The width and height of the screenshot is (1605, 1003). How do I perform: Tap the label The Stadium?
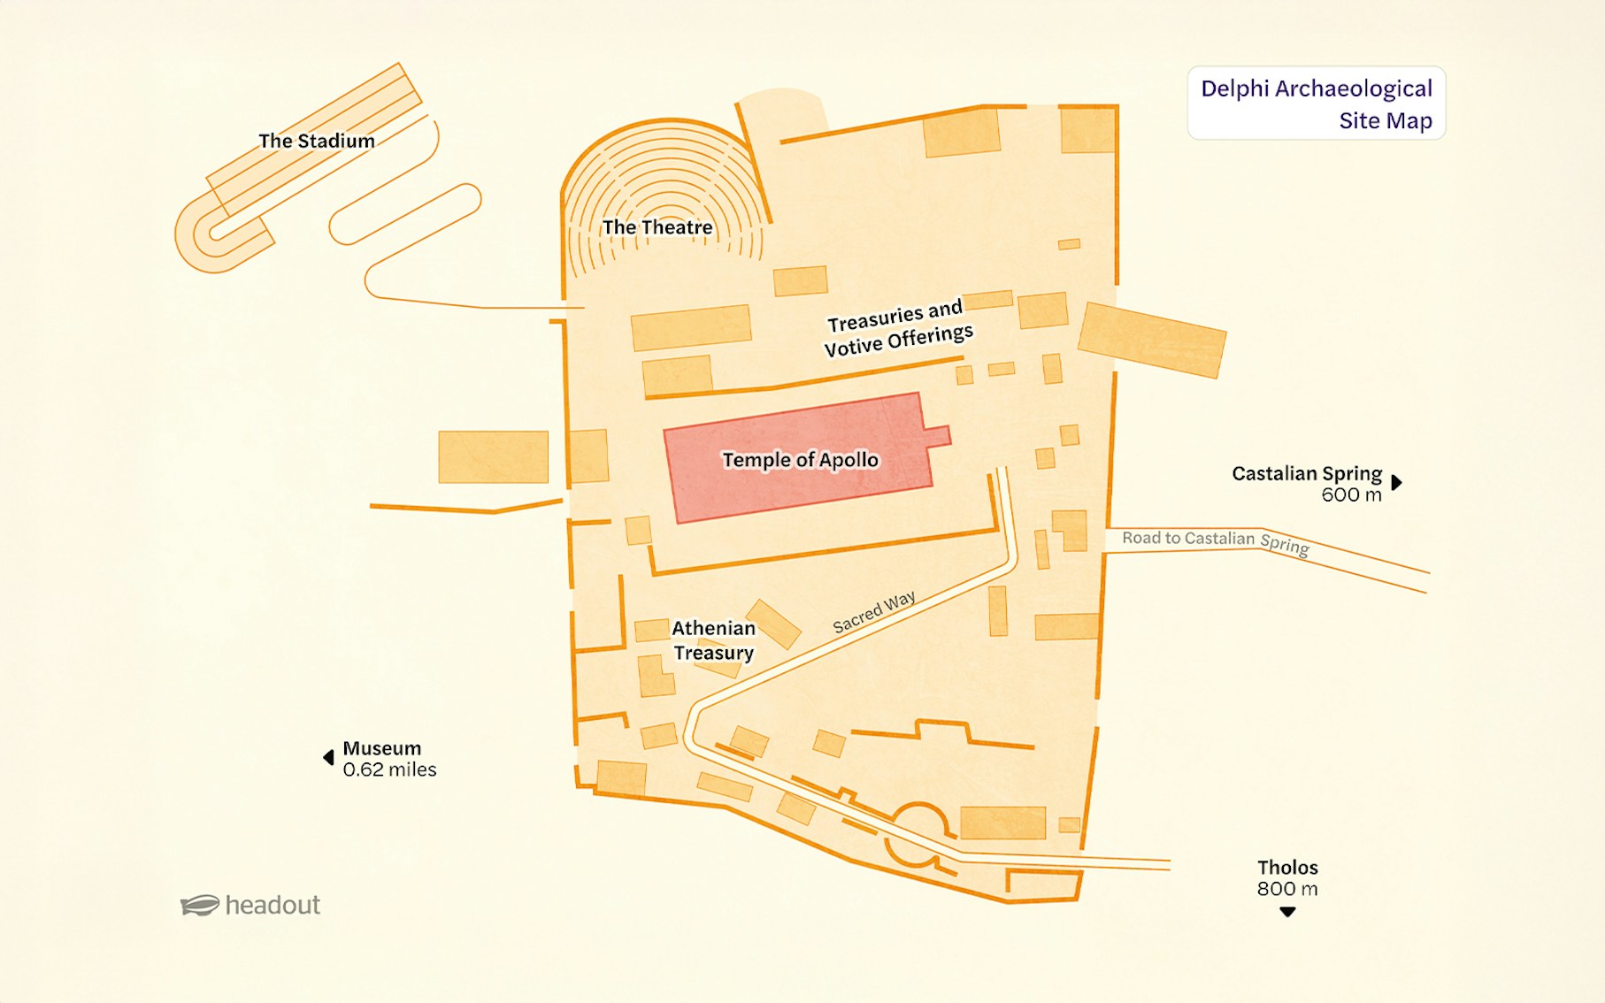[x=316, y=141]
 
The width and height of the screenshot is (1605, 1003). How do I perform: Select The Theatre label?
[x=657, y=227]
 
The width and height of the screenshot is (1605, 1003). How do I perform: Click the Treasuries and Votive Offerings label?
[x=898, y=328]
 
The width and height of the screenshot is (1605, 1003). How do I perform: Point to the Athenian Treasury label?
[x=713, y=640]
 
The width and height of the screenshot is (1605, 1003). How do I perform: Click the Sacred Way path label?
[x=873, y=612]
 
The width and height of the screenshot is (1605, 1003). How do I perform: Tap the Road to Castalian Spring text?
[x=1215, y=540]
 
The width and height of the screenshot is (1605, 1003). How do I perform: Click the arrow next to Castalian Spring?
[x=1396, y=482]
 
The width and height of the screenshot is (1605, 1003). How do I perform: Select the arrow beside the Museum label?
[x=328, y=757]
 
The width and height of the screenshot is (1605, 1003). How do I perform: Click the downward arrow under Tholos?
[x=1287, y=912]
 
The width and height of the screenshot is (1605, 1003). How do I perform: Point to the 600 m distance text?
[x=1351, y=495]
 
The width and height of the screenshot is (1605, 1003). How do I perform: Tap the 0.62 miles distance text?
[x=389, y=770]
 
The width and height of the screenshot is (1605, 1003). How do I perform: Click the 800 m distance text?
[x=1287, y=889]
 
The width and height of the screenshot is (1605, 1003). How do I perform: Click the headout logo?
[x=250, y=905]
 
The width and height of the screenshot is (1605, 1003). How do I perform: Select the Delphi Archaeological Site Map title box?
[x=1316, y=103]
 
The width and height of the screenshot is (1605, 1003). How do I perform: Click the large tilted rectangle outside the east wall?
[x=1152, y=340]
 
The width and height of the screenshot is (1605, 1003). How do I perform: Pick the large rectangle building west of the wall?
[x=493, y=456]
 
